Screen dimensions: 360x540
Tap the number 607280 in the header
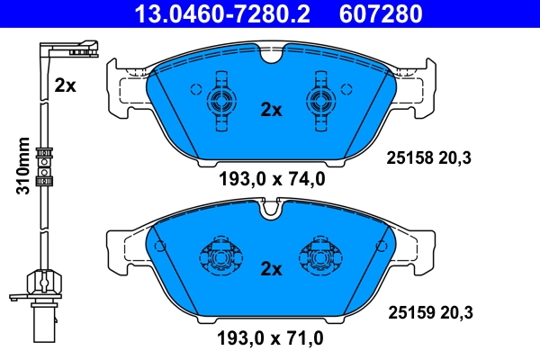[x=379, y=13]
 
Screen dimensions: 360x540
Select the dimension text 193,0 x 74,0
[x=271, y=178]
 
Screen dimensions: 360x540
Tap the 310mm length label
[x=24, y=166]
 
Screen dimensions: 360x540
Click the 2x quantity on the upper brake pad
[x=271, y=110]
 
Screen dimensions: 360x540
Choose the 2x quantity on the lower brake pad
[x=271, y=268]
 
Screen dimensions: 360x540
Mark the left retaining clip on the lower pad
[x=220, y=257]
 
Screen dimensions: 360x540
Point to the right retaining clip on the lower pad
[x=321, y=257]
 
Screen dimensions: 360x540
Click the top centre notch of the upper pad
[x=271, y=56]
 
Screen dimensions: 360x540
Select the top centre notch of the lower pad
[x=271, y=212]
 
